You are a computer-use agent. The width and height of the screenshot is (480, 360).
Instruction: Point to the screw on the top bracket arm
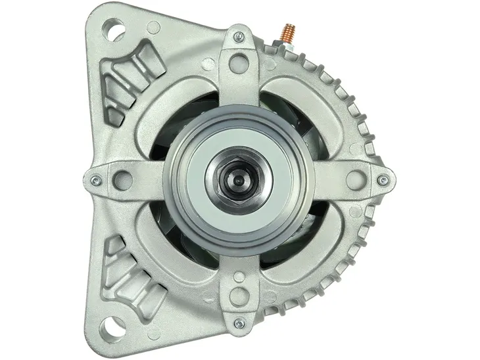pos(239,38)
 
